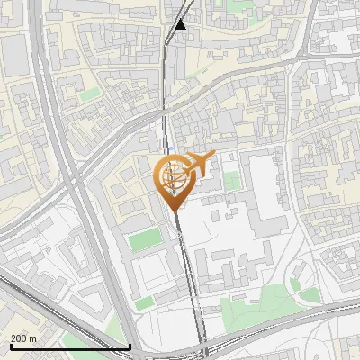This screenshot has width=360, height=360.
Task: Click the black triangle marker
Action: pyautogui.click(x=181, y=24)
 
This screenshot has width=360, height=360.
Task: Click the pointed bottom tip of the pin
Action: pyautogui.click(x=174, y=210)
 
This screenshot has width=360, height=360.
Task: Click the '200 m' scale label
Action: pyautogui.click(x=24, y=338)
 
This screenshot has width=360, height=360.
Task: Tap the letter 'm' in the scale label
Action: pyautogui.click(x=34, y=338)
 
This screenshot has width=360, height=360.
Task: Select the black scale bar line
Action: pyautogui.click(x=69, y=346)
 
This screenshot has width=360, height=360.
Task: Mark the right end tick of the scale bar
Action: pyautogui.click(x=130, y=345)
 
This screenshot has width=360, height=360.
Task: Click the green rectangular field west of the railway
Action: pyautogui.click(x=143, y=240)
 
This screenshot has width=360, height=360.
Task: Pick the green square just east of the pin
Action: pyautogui.click(x=232, y=181)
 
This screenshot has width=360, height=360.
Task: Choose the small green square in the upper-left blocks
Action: pyautogui.click(x=89, y=93)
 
